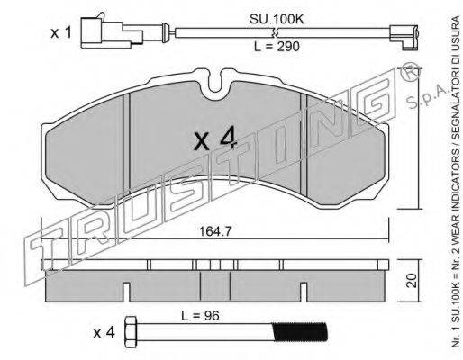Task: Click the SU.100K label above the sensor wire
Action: point(277,19)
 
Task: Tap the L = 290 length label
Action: point(277,47)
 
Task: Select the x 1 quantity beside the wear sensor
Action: point(61,32)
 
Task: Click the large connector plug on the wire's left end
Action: point(112,32)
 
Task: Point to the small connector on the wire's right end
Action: point(404,37)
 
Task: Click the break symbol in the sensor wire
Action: point(275,32)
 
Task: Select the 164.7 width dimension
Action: point(215,231)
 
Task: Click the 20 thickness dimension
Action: point(413,281)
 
